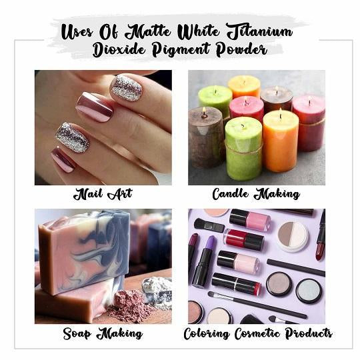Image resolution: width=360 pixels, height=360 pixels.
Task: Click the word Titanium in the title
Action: point(260,32)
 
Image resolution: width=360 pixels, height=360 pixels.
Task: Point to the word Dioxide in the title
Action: point(119,49)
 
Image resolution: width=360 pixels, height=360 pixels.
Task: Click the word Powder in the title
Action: point(241,49)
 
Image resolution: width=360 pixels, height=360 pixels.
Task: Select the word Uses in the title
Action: point(77,31)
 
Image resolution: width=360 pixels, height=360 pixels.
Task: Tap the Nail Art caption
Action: point(103,194)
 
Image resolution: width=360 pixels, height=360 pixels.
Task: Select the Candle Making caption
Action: point(256,194)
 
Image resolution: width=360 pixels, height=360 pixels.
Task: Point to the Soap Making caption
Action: point(103,333)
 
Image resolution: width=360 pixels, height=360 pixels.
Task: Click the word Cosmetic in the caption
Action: point(257,333)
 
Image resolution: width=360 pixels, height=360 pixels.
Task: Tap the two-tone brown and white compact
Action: point(293,237)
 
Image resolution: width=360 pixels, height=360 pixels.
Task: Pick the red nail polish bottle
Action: point(244,239)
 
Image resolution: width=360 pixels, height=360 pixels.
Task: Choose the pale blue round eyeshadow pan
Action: point(309,291)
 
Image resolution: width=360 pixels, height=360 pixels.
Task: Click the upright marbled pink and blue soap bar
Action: point(84,252)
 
